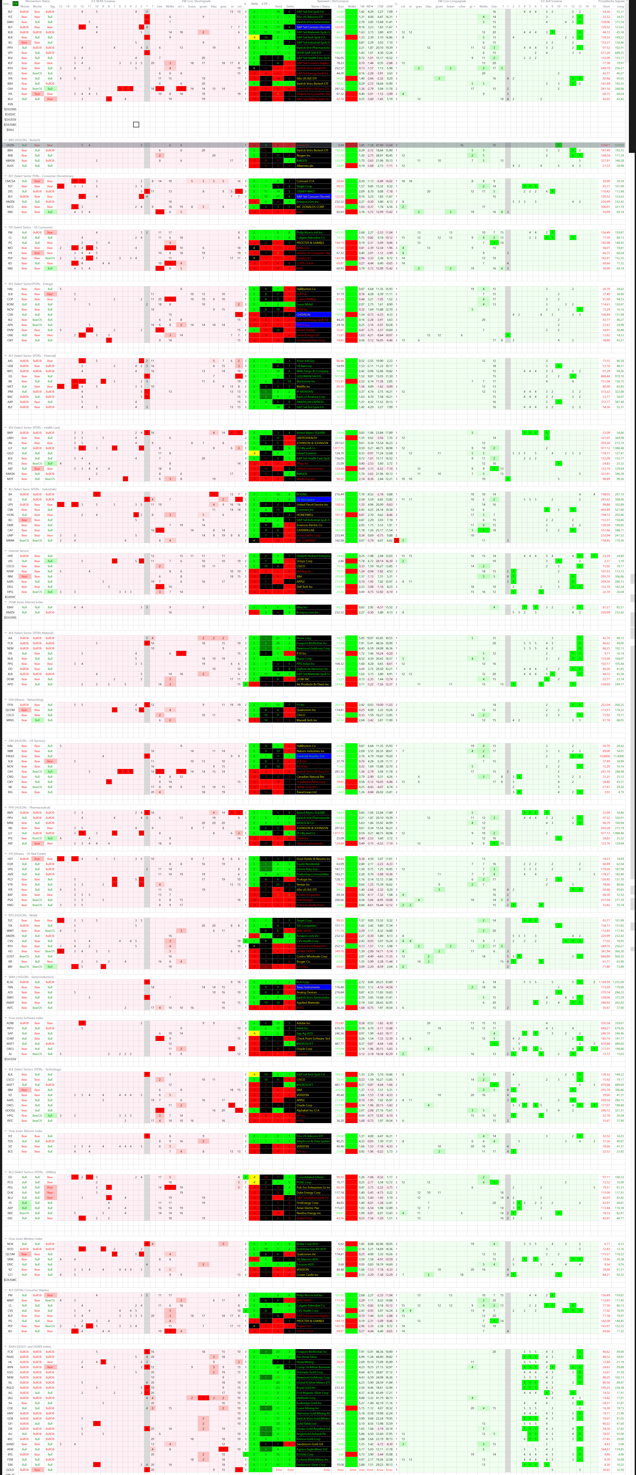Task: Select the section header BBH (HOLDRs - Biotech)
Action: click(24, 140)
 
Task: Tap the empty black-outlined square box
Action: click(136, 124)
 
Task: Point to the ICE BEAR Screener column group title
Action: click(103, 2)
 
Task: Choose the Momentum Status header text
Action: click(38, 2)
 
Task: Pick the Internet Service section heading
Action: click(18, 551)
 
